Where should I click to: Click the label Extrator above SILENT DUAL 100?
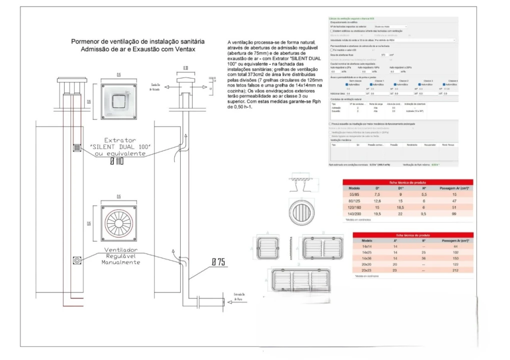coord(120,140)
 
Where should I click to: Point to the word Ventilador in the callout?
coord(121,249)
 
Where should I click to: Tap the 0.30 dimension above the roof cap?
coord(185,67)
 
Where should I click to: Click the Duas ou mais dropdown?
coord(390,26)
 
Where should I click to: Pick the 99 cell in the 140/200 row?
coord(454,213)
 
